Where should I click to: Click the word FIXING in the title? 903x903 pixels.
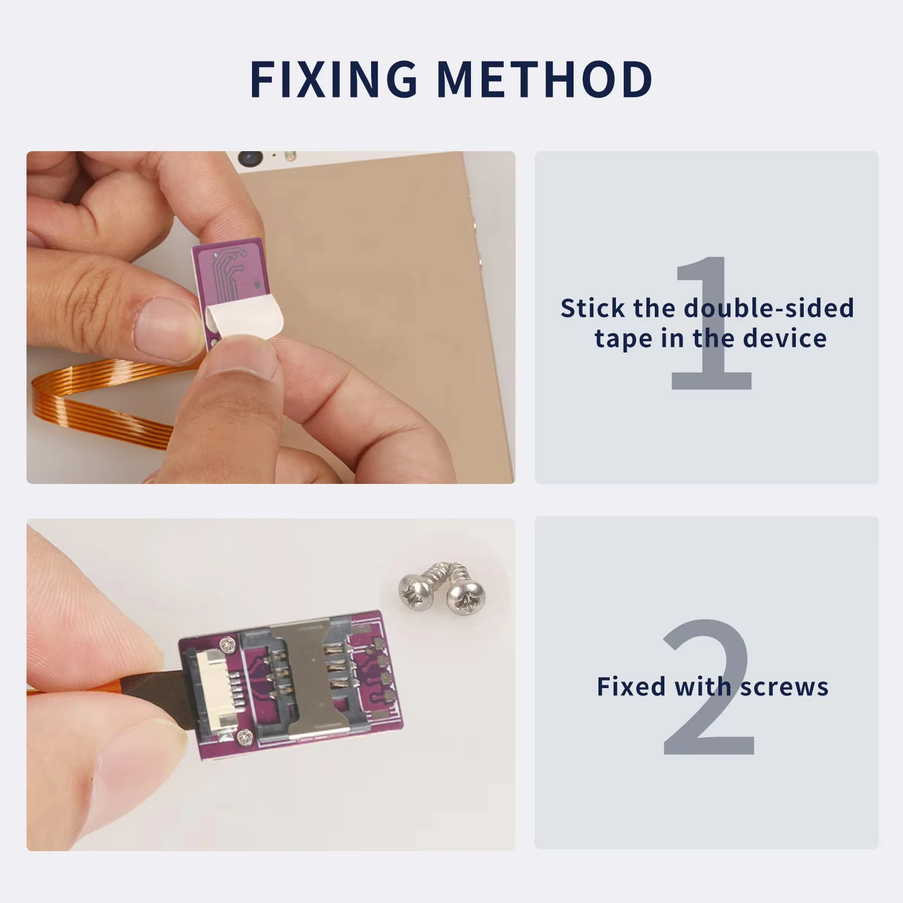click(333, 78)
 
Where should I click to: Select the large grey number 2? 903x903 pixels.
click(708, 688)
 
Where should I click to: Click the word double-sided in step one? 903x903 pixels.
click(769, 308)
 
